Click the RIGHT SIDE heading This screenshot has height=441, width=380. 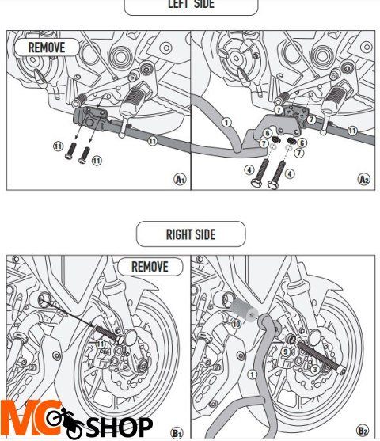coord(191,234)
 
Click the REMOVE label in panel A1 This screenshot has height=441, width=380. coord(47,47)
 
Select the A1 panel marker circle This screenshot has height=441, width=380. coord(179,180)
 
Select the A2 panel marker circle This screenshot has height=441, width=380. coord(363,180)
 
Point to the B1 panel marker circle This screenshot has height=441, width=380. coord(177,431)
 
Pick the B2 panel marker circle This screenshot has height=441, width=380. coord(362,431)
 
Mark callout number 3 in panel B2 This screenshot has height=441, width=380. coord(314,369)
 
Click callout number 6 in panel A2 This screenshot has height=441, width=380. coord(302,143)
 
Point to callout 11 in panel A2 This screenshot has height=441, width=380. coord(351,130)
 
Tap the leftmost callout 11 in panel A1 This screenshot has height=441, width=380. coord(57,146)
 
